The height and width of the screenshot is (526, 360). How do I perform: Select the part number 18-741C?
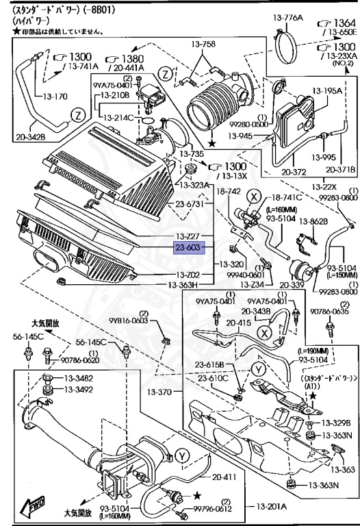point(287,197)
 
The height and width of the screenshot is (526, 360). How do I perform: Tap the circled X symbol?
point(254,196)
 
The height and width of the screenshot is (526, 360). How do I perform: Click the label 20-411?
point(225,477)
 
